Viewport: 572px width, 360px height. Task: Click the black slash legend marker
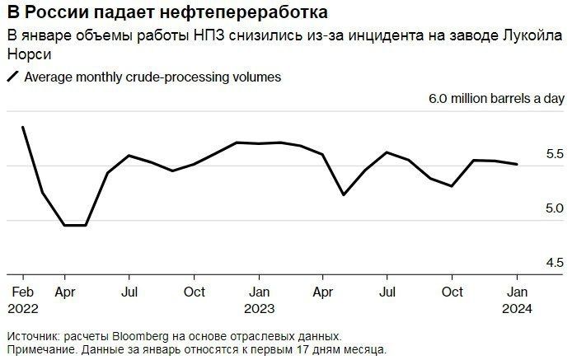[13, 77]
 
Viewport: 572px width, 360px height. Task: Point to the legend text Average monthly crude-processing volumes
[153, 77]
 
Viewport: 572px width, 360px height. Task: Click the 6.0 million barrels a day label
[496, 99]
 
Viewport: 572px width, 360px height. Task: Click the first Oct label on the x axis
[195, 292]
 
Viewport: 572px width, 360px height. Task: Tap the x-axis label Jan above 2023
[260, 292]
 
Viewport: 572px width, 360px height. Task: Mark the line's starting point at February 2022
[22, 127]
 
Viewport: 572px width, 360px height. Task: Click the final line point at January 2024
[517, 165]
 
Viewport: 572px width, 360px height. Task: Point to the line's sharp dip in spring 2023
[344, 194]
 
